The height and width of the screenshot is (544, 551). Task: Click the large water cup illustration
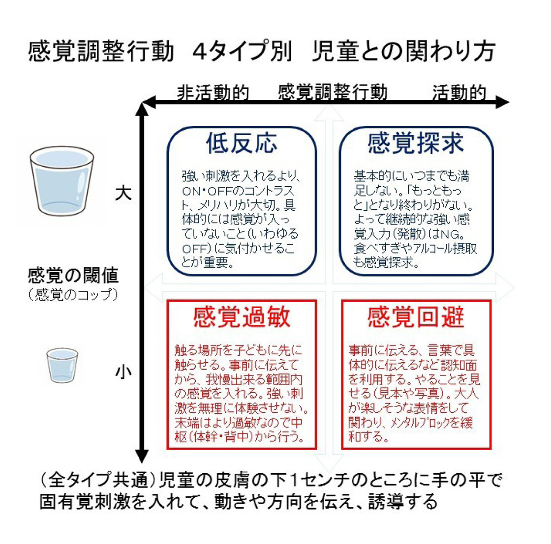click(x=62, y=181)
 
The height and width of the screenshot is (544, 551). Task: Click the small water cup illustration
click(x=62, y=365)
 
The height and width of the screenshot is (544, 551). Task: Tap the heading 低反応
click(x=242, y=143)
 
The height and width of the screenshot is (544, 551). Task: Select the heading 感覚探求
click(x=415, y=143)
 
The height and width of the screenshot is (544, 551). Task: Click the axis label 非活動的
click(x=213, y=93)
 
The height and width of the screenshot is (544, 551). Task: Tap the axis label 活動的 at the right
click(x=459, y=93)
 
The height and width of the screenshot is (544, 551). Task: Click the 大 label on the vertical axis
click(x=123, y=193)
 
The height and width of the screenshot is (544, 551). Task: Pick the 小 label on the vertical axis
click(x=123, y=372)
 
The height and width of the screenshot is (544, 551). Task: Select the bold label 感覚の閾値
click(x=73, y=275)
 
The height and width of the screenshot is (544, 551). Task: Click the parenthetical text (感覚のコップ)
click(x=73, y=294)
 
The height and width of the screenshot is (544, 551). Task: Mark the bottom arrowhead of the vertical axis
click(x=142, y=456)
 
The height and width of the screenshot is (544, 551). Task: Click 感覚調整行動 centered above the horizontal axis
click(x=333, y=92)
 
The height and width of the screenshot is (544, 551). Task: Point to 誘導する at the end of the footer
click(x=403, y=501)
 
